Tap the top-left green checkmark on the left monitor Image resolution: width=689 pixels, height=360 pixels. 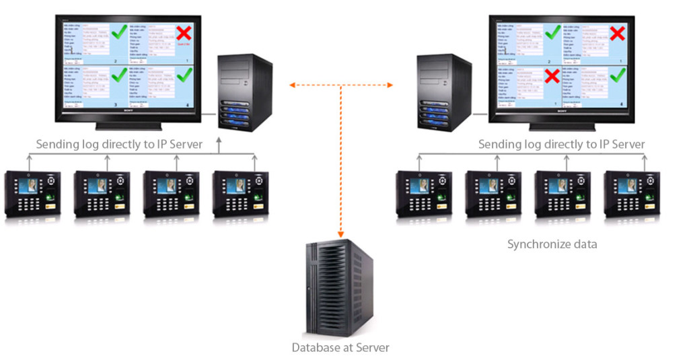(x=119, y=31)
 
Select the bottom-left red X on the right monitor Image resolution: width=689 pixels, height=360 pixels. (x=552, y=75)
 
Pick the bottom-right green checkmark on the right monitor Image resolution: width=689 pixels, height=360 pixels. (x=616, y=74)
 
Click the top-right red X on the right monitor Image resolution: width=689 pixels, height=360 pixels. (x=616, y=32)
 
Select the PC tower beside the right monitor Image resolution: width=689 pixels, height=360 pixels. (x=443, y=92)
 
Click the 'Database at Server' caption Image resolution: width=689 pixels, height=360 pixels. (x=340, y=348)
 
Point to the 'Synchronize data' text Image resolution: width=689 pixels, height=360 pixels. (x=552, y=244)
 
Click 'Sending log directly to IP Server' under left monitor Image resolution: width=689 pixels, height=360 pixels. (x=119, y=144)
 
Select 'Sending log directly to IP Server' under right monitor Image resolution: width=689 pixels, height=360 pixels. (x=561, y=144)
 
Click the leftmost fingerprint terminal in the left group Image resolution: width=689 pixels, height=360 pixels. (x=32, y=194)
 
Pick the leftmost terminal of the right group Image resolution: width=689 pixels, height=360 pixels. (x=423, y=194)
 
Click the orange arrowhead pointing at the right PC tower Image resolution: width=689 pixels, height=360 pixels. (x=390, y=85)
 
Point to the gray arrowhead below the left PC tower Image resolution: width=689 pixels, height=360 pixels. (x=219, y=141)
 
